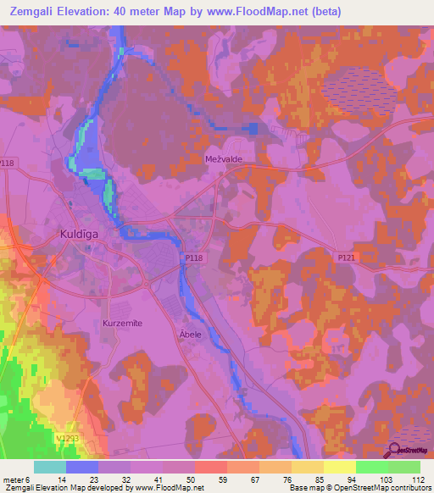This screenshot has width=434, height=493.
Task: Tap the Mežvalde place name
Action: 224,158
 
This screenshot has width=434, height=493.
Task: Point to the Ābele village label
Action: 190,334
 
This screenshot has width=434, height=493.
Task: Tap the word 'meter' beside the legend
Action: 14,479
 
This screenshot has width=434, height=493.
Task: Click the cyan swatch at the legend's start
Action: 49,467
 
